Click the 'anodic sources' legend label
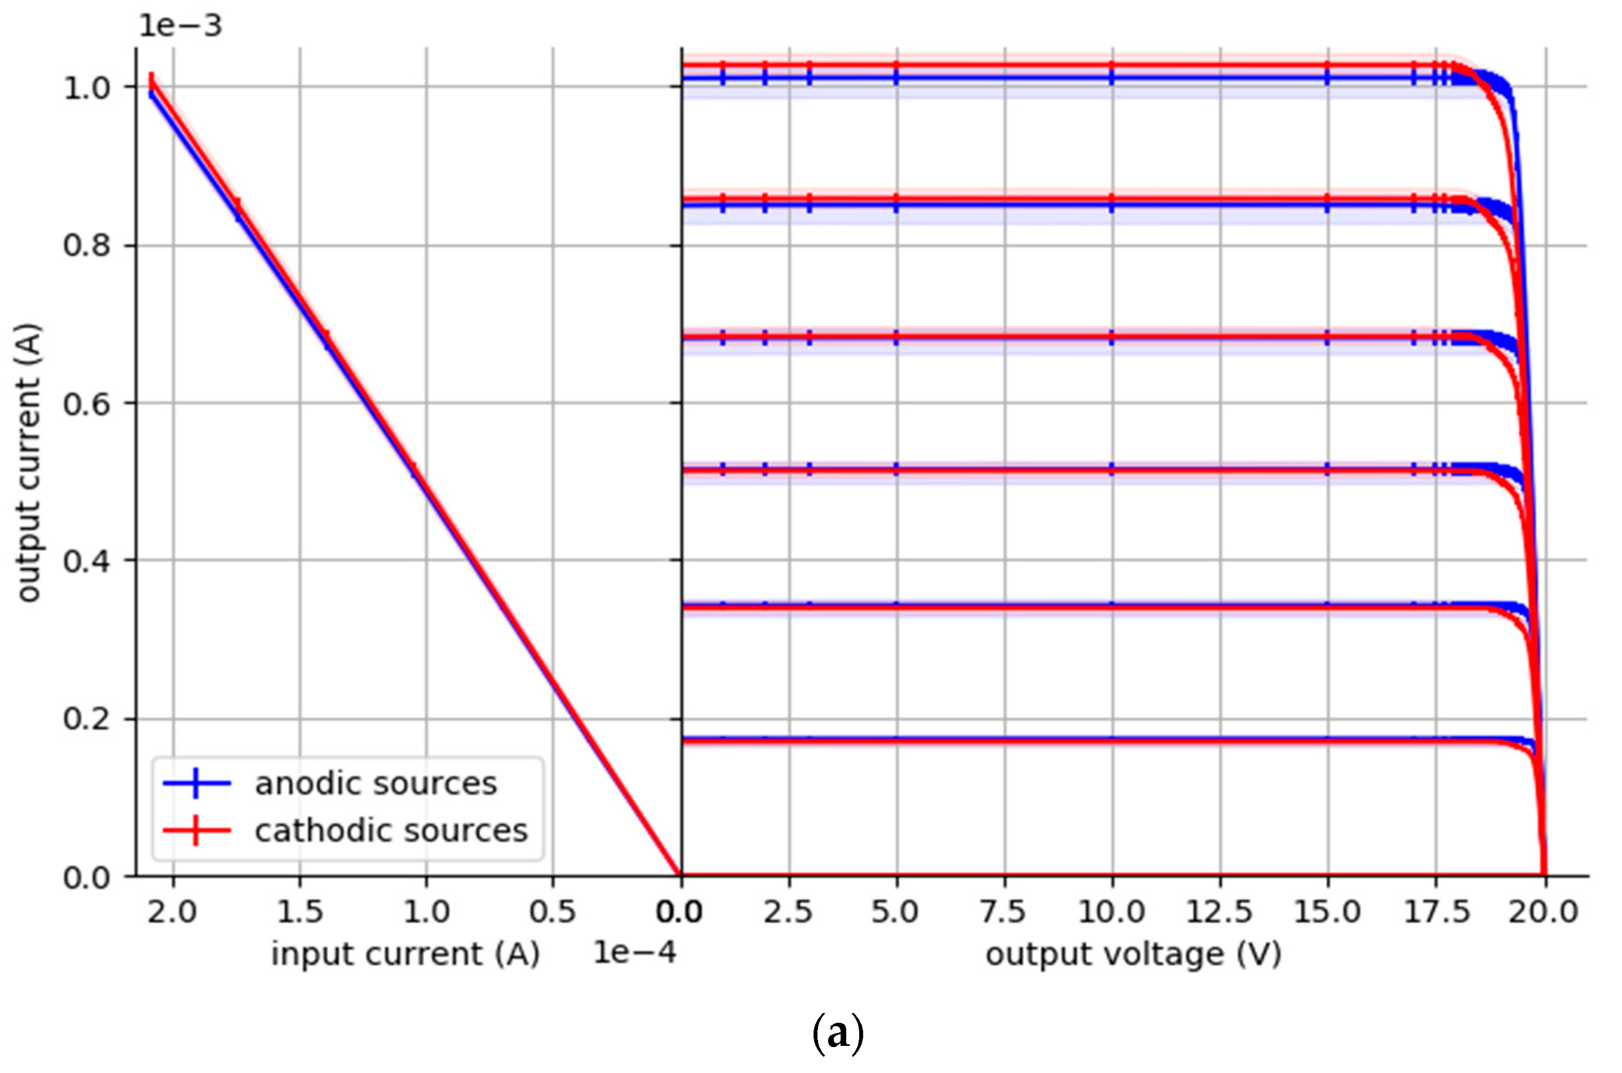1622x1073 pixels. pyautogui.click(x=375, y=784)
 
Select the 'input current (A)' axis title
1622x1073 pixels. pyautogui.click(x=405, y=953)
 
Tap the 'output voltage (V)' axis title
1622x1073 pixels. pyautogui.click(x=1133, y=953)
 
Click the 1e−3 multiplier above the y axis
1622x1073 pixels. pyautogui.click(x=180, y=26)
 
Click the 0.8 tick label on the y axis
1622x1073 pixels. pyautogui.click(x=87, y=245)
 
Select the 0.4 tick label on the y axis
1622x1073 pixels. pyautogui.click(x=87, y=561)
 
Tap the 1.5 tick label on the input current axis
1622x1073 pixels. pyautogui.click(x=299, y=912)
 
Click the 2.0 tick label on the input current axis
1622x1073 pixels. pyautogui.click(x=173, y=912)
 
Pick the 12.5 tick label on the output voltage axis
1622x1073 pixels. pyautogui.click(x=1219, y=912)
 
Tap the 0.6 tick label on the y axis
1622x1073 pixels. pyautogui.click(x=87, y=403)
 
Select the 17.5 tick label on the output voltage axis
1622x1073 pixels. pyautogui.click(x=1436, y=912)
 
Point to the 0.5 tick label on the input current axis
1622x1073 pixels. pyautogui.click(x=553, y=912)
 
